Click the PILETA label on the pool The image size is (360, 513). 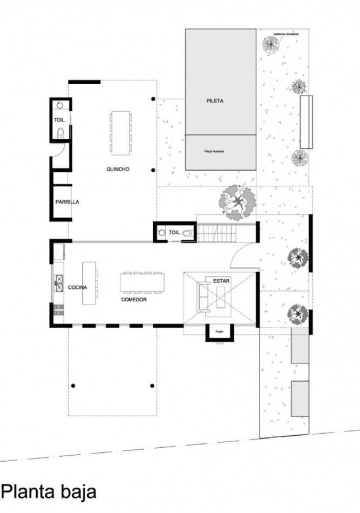[214, 101]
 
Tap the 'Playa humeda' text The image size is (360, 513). [214, 152]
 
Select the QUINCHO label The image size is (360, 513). [118, 169]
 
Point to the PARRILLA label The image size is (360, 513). [67, 202]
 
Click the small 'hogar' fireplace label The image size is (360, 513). [219, 331]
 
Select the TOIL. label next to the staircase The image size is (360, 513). [174, 232]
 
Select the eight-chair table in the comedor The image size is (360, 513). [142, 282]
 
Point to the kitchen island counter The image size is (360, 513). [89, 283]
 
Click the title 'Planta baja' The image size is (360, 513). [49, 491]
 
